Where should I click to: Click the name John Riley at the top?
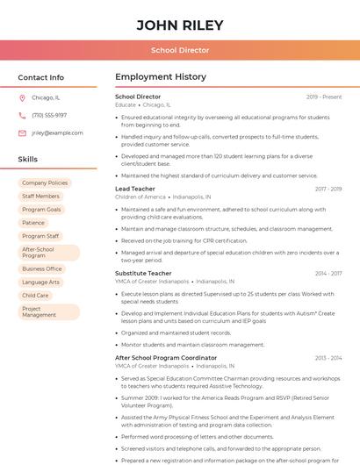180,25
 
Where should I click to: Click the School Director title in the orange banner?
180,51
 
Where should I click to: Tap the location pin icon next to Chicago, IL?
22,97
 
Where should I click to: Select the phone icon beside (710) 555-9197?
22,115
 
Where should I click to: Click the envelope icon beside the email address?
22,132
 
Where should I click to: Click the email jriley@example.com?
57,132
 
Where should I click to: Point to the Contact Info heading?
40,77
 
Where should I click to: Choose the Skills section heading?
28,159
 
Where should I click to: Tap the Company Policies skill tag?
45,183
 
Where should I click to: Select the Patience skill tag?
33,223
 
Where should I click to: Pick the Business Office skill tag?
42,268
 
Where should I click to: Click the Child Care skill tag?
36,295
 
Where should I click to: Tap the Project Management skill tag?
40,311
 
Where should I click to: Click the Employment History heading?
161,77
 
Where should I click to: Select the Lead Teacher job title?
135,189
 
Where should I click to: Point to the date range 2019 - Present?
324,97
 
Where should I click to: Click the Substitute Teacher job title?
143,273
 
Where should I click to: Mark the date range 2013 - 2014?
328,358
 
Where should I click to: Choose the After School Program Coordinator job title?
166,358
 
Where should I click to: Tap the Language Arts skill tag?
40,282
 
